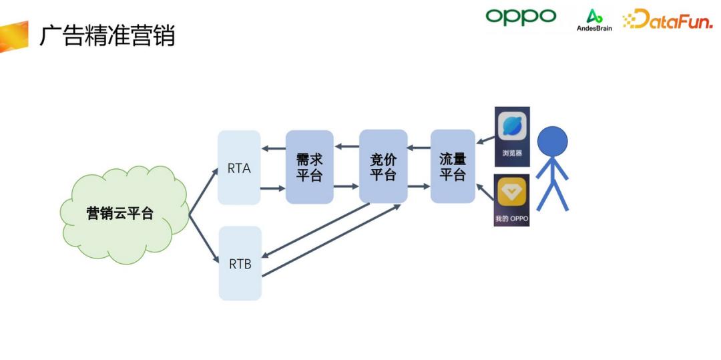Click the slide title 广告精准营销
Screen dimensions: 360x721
(107, 36)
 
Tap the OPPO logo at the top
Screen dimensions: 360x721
(521, 17)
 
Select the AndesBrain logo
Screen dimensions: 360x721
(594, 20)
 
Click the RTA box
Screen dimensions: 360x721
(239, 168)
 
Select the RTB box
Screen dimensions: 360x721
(240, 263)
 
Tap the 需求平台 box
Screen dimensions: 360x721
(309, 167)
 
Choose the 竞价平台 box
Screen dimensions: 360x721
(383, 166)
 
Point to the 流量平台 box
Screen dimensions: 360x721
(453, 166)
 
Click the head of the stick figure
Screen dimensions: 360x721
(552, 141)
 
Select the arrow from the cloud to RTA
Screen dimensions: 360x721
(204, 192)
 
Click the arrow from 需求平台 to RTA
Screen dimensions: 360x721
(273, 148)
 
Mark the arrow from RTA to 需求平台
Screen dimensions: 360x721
(273, 188)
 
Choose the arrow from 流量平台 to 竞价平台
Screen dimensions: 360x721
(419, 148)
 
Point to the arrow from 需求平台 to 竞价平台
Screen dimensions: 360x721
(346, 186)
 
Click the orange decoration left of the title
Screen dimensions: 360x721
(13, 37)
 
